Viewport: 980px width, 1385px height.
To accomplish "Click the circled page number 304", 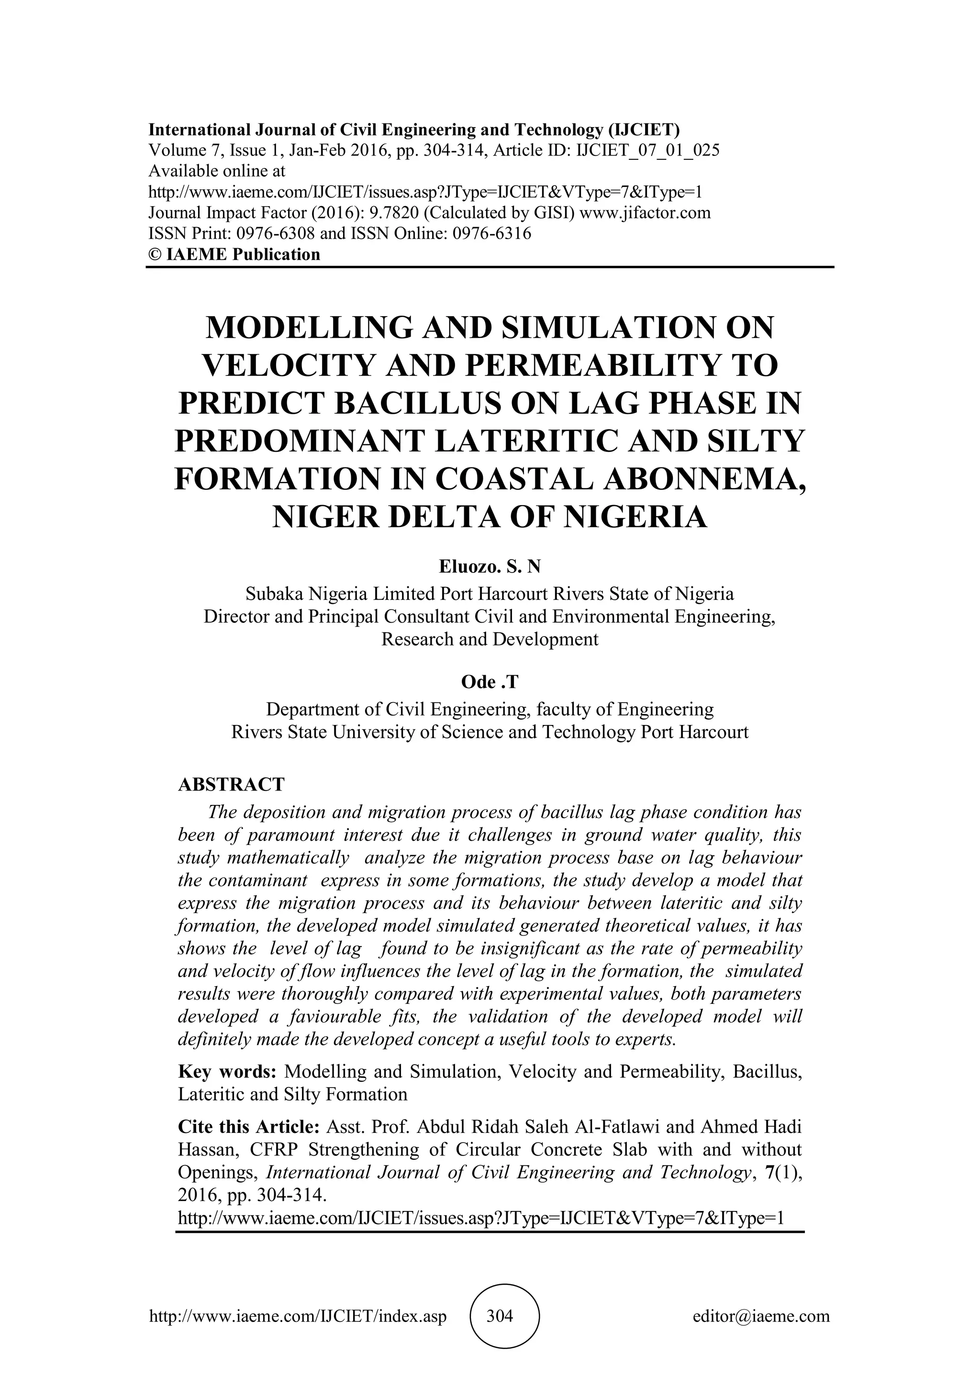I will coord(500,1316).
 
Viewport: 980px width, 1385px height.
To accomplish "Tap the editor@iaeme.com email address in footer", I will coord(761,1316).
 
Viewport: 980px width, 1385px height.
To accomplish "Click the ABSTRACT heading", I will coord(231,784).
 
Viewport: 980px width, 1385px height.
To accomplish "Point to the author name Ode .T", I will coord(490,682).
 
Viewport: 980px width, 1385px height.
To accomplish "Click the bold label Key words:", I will coord(227,1071).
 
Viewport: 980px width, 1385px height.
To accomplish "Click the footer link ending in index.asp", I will coord(298,1316).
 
